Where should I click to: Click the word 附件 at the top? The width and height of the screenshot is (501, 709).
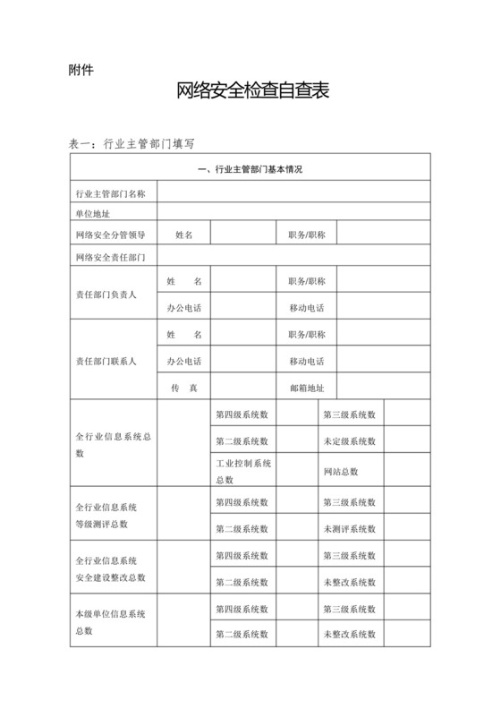tap(81, 70)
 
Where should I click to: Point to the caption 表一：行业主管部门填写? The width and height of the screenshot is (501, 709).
tap(132, 141)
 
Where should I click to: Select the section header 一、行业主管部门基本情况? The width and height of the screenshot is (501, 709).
tap(250, 170)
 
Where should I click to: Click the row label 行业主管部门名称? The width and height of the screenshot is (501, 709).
tap(111, 192)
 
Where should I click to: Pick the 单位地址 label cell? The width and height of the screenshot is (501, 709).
tap(93, 214)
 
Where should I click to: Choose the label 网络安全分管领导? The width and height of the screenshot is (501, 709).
tap(111, 235)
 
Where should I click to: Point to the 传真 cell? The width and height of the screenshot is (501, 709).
tap(183, 389)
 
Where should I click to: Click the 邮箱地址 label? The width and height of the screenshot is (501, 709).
tap(307, 389)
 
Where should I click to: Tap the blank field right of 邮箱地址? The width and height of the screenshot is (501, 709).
tap(385, 389)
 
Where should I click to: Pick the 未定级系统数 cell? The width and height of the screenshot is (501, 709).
tap(350, 441)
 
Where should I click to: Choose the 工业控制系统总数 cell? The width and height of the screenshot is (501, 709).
tap(242, 469)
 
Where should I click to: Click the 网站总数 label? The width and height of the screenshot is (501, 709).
tap(340, 472)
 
